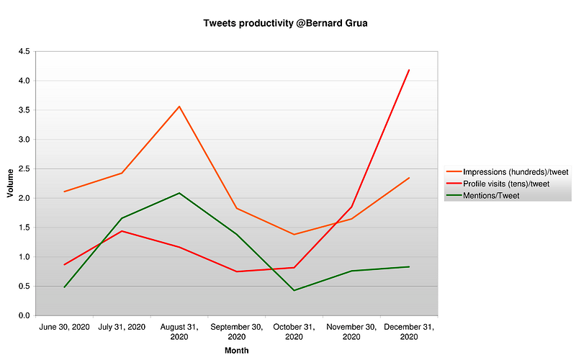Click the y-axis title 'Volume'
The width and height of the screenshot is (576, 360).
[x=10, y=183]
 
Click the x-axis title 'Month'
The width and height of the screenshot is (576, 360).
[x=237, y=351]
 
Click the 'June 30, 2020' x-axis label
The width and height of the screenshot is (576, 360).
[x=65, y=327]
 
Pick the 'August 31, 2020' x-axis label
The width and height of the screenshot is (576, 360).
[x=179, y=331]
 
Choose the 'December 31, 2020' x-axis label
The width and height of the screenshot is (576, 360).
[x=409, y=331]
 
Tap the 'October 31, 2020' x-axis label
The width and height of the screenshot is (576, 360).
[x=294, y=331]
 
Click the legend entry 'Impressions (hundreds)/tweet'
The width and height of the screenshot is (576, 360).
[x=516, y=171]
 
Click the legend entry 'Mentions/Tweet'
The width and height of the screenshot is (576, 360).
[x=492, y=195]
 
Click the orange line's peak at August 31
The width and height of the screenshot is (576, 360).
[x=179, y=107]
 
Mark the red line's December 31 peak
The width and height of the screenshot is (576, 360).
[x=409, y=70]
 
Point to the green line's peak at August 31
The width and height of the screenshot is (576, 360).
[x=179, y=193]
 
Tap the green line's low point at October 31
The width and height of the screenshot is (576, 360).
[x=294, y=290]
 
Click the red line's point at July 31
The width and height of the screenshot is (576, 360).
[x=122, y=231]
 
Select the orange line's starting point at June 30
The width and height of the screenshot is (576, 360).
[x=65, y=192]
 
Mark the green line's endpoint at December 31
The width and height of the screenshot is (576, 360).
[x=409, y=267]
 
